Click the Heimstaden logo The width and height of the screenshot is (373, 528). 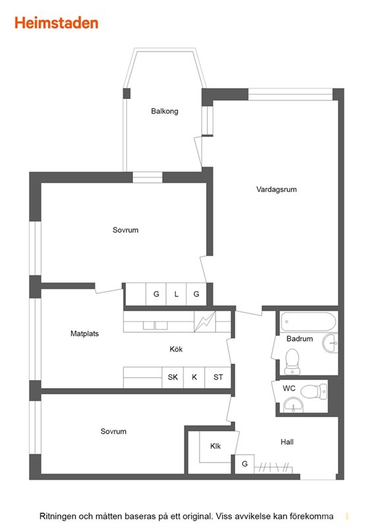[56, 23]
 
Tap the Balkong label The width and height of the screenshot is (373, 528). [165, 111]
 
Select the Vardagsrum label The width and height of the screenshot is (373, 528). [277, 189]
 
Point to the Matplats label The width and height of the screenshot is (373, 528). [84, 333]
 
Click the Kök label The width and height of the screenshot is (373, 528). [176, 349]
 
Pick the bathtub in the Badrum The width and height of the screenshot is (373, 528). [308, 322]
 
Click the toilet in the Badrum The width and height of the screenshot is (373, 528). [293, 361]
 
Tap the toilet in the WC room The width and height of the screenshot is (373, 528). [314, 391]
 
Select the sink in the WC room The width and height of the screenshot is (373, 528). [293, 404]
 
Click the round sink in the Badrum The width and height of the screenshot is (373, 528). [330, 343]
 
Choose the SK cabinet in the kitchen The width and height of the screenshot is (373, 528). [173, 377]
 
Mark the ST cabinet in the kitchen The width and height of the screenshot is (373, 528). [218, 377]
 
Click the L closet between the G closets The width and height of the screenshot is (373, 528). [176, 294]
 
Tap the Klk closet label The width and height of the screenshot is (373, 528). [215, 446]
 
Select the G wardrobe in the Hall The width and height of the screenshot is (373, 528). [244, 464]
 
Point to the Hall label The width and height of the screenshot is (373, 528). [287, 442]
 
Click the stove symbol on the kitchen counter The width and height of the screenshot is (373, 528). [205, 321]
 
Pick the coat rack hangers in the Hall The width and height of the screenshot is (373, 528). [273, 468]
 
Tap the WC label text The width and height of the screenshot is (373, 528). [289, 388]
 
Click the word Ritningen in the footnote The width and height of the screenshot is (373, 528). [58, 516]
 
